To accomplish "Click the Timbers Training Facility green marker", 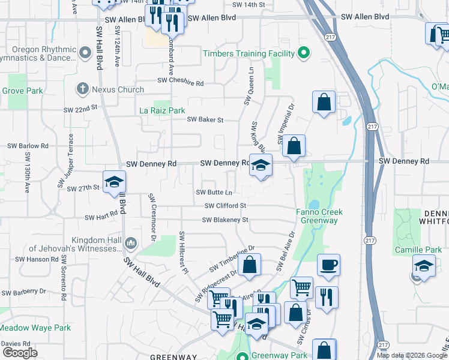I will coord(304,53).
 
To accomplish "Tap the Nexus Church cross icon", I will coord(83,89).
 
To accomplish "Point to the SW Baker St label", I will coord(205,119).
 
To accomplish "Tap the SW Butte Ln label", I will coord(214,192).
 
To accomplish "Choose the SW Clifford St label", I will coord(225,206).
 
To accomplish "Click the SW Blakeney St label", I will coord(225,220).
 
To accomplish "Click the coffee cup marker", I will coord(328,266).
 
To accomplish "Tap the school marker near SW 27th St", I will coord(114,182).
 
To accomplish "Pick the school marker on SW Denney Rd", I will coord(261,166).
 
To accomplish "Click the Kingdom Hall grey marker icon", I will coord(131,243).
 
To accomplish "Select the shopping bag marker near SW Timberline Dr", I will coord(249,265).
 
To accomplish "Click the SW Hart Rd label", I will coord(101,217).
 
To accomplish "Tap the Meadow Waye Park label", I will coord(35,328).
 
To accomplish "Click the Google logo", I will coord(20,353).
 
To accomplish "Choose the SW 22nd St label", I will coord(82,108).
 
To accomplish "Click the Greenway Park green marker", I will coord(243,356).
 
